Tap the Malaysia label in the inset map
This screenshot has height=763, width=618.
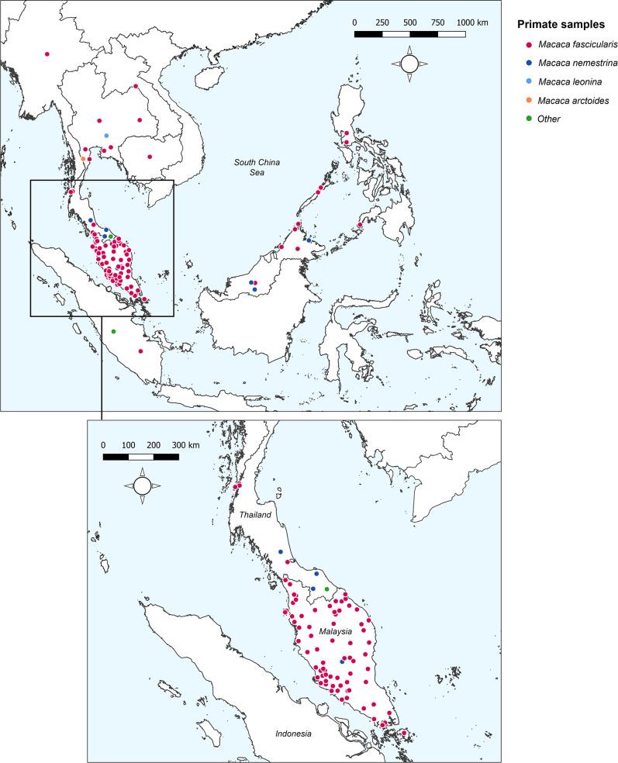[x=335, y=632]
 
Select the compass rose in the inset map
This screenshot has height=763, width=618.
[x=141, y=486]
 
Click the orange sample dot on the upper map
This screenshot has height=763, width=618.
[x=83, y=159]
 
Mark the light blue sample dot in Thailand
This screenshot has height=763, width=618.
[x=106, y=136]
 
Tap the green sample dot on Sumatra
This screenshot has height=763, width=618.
[x=113, y=332]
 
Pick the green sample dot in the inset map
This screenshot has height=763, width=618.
[x=326, y=589]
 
